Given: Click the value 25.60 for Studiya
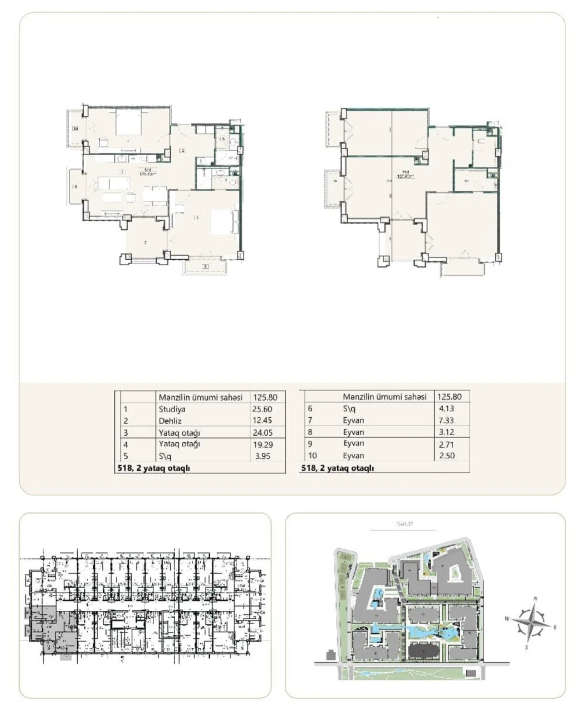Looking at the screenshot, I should [263, 409].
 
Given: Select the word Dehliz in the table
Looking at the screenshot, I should [170, 421].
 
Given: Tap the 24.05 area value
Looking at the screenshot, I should [263, 433].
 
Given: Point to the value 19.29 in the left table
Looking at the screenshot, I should [263, 444].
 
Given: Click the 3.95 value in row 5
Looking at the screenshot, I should [263, 456].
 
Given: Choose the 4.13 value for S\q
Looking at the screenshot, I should [446, 408].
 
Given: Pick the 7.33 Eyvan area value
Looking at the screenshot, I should [446, 420].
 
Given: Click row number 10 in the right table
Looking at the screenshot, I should [312, 455].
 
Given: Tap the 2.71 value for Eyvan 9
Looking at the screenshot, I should [446, 444].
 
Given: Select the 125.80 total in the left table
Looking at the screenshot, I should [265, 398].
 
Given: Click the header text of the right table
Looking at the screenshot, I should [385, 397].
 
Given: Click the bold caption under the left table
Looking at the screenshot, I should [154, 468].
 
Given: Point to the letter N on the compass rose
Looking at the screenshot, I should [535, 598].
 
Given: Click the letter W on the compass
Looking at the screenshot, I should [507, 619].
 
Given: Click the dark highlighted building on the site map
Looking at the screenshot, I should [424, 652].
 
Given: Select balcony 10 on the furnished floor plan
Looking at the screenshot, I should [76, 129].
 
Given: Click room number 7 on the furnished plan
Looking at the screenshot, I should [145, 242].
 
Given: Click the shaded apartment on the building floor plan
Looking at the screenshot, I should [48, 623].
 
